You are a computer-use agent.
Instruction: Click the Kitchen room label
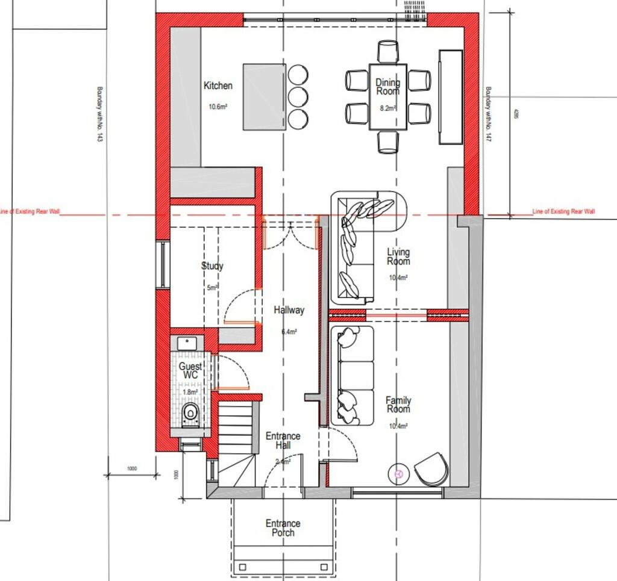218,86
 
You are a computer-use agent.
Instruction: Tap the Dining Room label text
387,87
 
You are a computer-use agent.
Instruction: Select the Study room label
212,266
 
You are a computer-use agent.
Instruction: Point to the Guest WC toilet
190,413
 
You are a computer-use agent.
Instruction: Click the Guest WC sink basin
187,344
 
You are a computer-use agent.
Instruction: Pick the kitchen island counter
265,96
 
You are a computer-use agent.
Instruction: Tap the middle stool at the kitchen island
298,96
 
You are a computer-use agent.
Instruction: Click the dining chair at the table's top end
388,51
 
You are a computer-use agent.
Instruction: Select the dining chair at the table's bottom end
388,141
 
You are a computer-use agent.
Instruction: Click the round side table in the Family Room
398,474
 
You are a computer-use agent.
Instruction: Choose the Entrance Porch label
283,528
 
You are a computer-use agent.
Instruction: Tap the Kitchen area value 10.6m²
218,107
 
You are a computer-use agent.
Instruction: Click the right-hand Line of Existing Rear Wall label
563,211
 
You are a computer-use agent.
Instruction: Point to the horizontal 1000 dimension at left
132,468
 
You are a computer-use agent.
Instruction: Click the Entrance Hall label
283,440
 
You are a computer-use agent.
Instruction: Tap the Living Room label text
398,256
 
